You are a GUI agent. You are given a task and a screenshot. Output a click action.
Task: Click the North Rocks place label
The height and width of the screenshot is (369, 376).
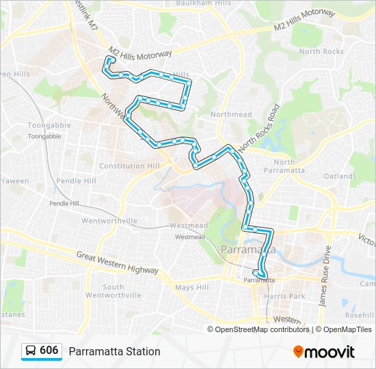(x=321, y=51)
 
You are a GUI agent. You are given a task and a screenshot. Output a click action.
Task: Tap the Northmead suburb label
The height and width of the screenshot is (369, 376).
(x=231, y=114)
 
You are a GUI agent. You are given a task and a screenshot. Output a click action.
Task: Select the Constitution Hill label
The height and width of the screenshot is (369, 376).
(x=129, y=166)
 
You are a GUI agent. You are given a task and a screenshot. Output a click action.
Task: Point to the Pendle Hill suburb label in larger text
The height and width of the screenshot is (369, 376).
(x=76, y=181)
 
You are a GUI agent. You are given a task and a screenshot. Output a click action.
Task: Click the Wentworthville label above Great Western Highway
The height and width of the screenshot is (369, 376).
(x=109, y=221)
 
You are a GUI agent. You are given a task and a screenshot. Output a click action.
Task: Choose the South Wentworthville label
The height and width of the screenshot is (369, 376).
(x=122, y=290)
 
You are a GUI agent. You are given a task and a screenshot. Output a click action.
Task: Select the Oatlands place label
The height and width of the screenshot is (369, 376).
(x=340, y=176)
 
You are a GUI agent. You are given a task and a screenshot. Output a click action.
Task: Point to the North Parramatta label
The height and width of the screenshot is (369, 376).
(x=279, y=166)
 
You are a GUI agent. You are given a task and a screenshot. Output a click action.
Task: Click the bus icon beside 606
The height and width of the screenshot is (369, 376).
(x=31, y=351)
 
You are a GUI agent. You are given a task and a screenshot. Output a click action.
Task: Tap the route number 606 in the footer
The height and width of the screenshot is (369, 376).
(x=49, y=351)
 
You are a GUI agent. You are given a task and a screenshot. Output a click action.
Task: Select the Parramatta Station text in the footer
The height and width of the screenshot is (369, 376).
(x=114, y=351)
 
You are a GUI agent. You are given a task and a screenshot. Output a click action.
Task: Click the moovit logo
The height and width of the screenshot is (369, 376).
(x=324, y=351)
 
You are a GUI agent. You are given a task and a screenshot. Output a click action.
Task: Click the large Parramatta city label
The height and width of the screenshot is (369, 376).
(x=249, y=250)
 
